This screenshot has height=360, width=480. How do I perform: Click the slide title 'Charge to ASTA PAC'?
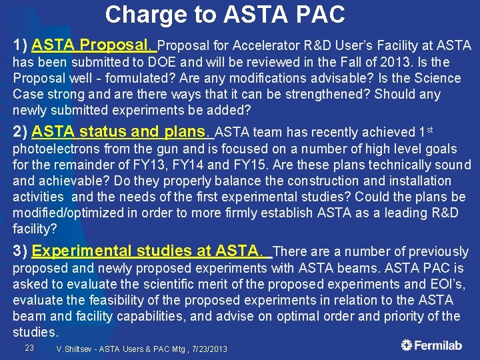(x=225, y=14)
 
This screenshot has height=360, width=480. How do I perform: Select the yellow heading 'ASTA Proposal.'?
(x=93, y=45)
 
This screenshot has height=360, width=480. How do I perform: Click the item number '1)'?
(x=20, y=45)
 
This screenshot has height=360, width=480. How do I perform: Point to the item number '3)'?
(x=20, y=251)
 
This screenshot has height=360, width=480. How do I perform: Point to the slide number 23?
(x=29, y=348)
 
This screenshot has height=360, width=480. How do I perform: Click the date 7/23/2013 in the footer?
(x=203, y=349)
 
